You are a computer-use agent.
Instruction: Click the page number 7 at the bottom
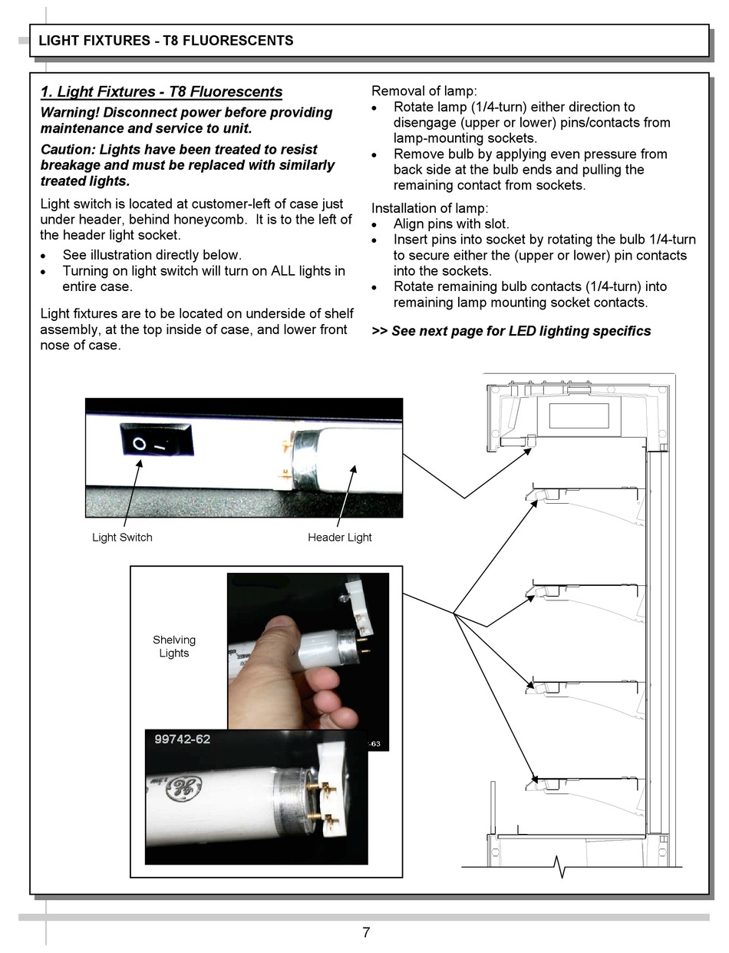pyautogui.click(x=366, y=932)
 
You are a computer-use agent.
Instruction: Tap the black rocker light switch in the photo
pyautogui.click(x=156, y=442)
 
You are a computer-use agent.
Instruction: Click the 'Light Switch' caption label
pyautogui.click(x=122, y=538)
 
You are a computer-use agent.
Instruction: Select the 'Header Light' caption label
pyautogui.click(x=339, y=538)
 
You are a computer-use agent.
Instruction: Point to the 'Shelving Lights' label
pyautogui.click(x=174, y=647)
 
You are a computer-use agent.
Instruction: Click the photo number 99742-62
pyautogui.click(x=183, y=740)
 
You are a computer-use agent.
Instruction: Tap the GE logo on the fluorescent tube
pyautogui.click(x=183, y=788)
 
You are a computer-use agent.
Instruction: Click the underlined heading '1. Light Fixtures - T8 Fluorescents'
pyautogui.click(x=161, y=92)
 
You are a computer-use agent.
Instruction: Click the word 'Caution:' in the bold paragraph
pyautogui.click(x=68, y=150)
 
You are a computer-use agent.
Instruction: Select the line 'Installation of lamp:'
pyautogui.click(x=430, y=208)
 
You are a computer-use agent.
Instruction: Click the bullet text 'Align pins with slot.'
pyautogui.click(x=451, y=224)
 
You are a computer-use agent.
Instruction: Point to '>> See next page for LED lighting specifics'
pyautogui.click(x=511, y=331)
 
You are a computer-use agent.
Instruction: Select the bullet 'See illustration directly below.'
pyautogui.click(x=152, y=255)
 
